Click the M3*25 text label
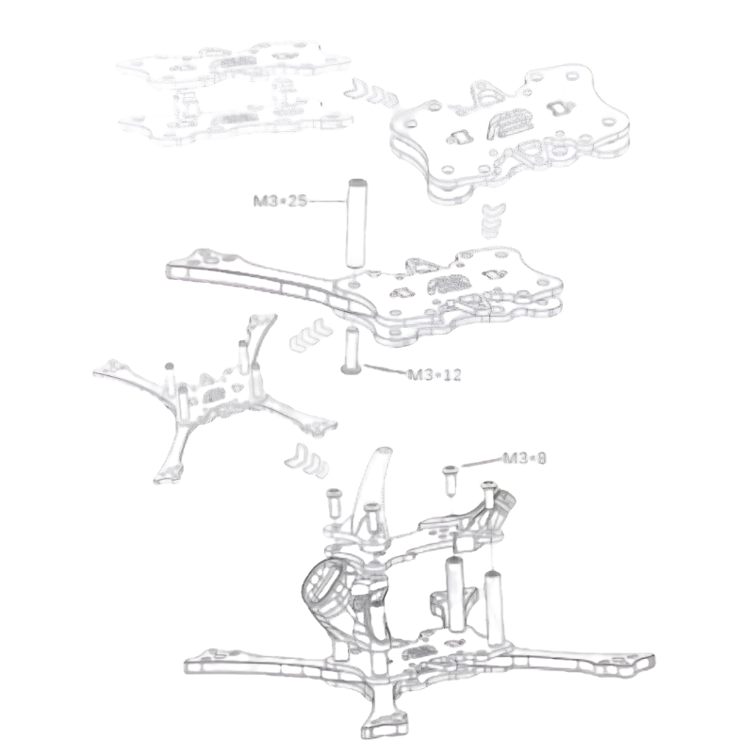pos(280,201)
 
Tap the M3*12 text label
pos(434,374)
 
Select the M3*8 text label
pos(525,458)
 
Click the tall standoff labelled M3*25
pos(356,223)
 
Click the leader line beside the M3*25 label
pos(326,201)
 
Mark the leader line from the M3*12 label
pos(385,369)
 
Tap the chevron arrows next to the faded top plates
pos(373,91)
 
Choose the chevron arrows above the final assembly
pos(307,460)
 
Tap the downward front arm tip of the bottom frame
pos(384,726)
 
